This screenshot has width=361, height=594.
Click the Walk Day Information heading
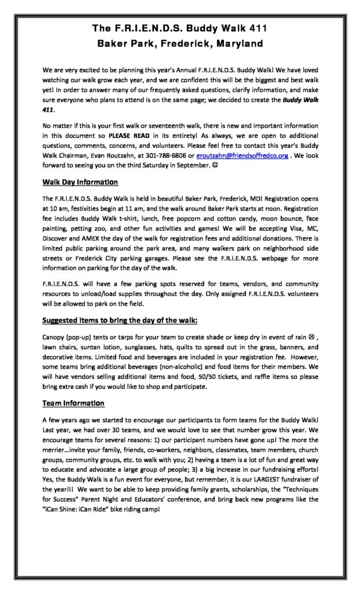81,182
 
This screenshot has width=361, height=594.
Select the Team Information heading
73,403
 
